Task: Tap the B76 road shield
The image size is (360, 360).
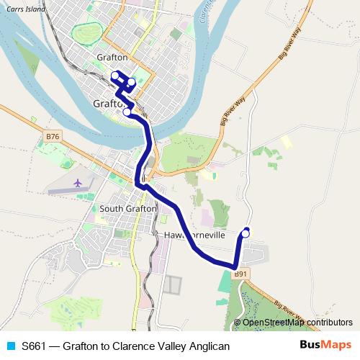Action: tap(51, 135)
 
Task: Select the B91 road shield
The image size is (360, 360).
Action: tap(241, 274)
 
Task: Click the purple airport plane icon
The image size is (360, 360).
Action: tap(76, 183)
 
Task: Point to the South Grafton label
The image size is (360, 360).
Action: tap(127, 208)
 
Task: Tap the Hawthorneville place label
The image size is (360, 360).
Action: tap(195, 235)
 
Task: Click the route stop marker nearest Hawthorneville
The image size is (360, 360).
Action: tap(246, 232)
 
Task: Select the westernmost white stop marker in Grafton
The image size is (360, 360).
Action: tap(114, 74)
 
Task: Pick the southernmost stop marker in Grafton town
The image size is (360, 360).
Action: tap(127, 112)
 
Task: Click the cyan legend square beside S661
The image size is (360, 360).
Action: tap(10, 346)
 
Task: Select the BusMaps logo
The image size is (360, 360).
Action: tap(325, 346)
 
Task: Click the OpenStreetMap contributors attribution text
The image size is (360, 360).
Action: tap(297, 323)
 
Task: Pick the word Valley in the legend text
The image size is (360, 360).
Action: tap(168, 346)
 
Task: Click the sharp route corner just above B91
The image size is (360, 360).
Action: tap(235, 267)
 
